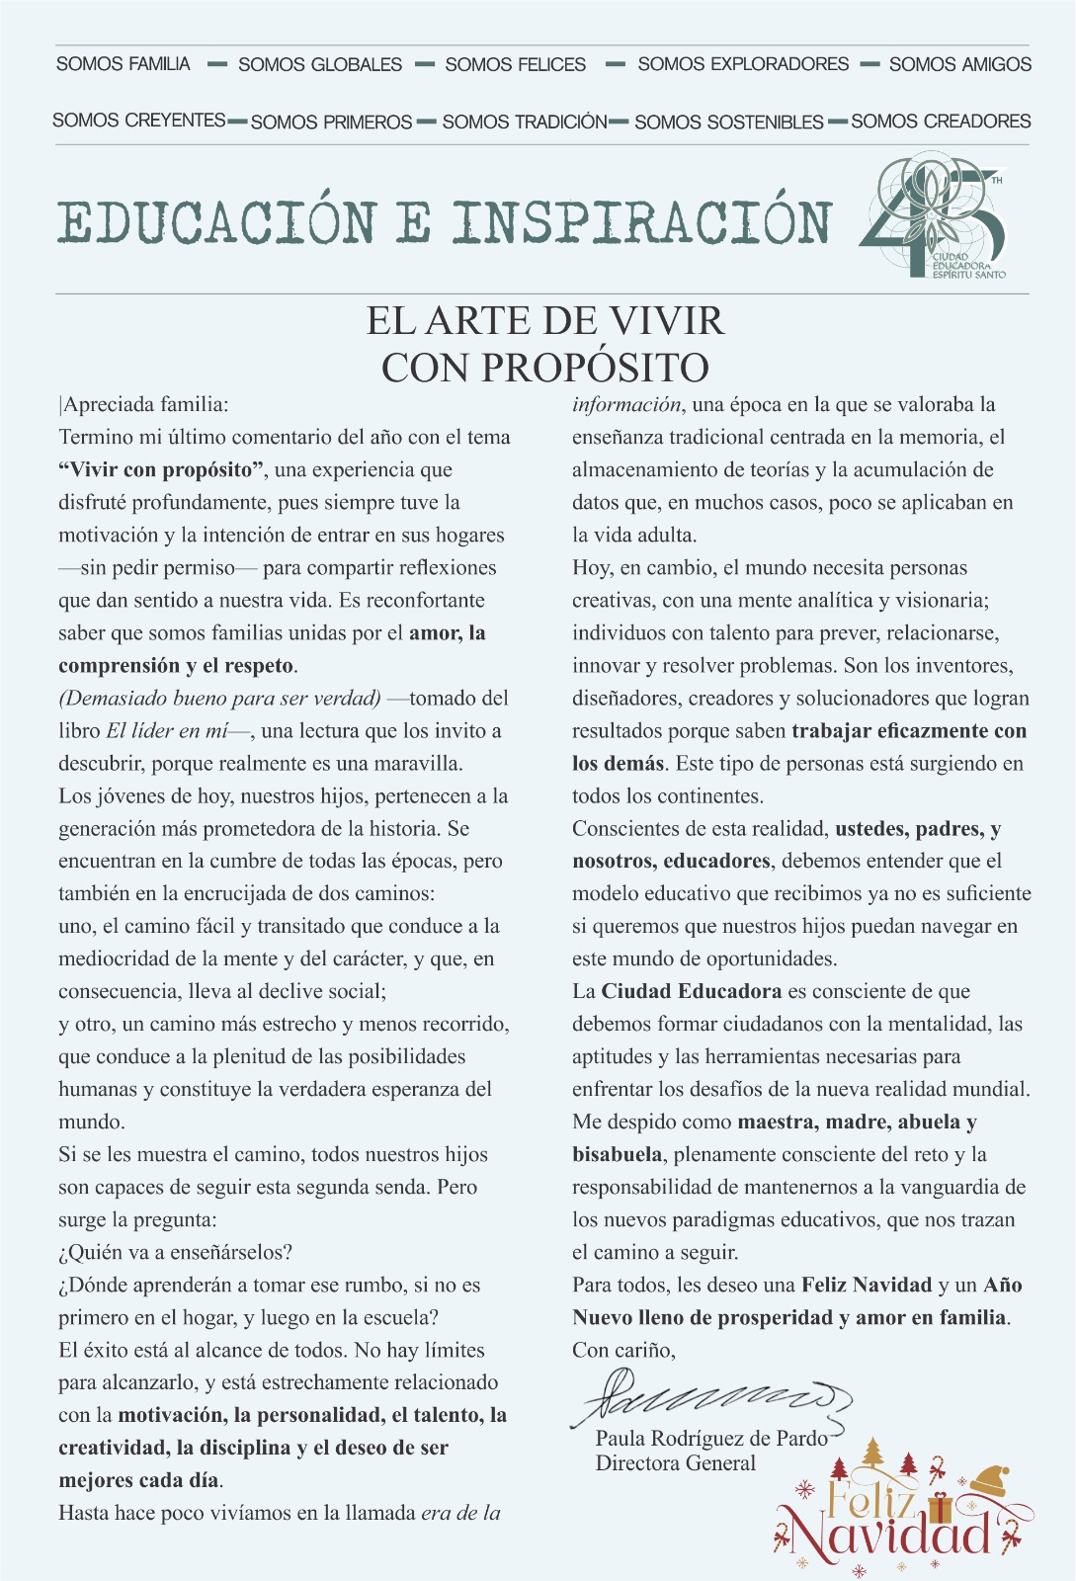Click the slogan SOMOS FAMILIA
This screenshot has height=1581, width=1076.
[x=123, y=64]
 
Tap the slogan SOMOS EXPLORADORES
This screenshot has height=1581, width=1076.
[x=743, y=64]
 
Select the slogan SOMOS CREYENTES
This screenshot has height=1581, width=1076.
[x=139, y=121]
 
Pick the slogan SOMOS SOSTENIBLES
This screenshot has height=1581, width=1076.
[x=728, y=122]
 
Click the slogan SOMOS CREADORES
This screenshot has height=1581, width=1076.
[x=941, y=121]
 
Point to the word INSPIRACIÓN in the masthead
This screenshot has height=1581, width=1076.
[x=642, y=222]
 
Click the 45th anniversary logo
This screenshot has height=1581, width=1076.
[x=934, y=217]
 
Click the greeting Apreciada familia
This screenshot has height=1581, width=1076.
[x=145, y=404]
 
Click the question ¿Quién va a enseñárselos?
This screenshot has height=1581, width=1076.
[x=175, y=1252]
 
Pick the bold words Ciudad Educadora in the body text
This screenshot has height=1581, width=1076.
[x=691, y=991]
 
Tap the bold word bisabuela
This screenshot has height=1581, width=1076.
[x=617, y=1154]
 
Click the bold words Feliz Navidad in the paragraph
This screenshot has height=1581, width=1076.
[x=867, y=1285]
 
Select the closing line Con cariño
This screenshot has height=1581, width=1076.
[x=623, y=1350]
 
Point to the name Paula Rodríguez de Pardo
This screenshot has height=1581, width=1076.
[x=711, y=1439]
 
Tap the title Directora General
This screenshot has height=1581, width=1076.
[x=675, y=1463]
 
